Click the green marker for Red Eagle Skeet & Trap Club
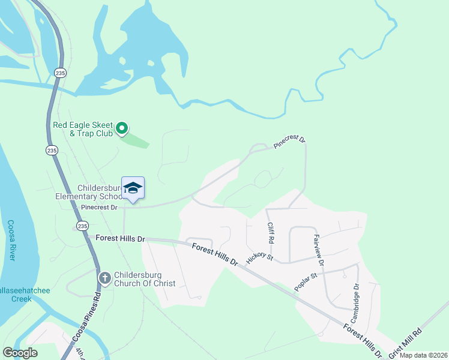pos(122,128)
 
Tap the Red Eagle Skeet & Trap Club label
pos(83,129)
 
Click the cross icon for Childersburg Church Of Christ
pos(104,278)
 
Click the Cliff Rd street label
pos(271,232)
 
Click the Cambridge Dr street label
pos(355,304)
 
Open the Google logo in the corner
pos(20,353)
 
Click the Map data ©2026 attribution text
pos(423,355)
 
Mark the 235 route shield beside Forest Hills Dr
pos(82,226)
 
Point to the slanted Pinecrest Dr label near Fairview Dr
pos(290,142)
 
